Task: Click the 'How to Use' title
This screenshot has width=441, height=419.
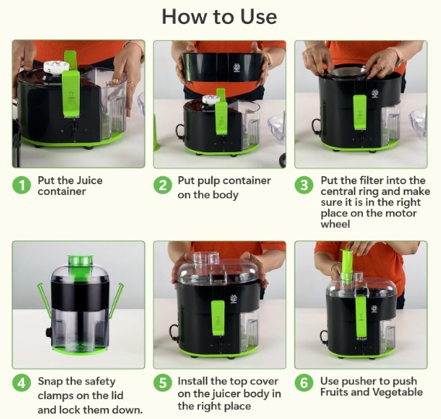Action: coord(220,16)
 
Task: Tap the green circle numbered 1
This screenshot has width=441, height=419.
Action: coord(22,186)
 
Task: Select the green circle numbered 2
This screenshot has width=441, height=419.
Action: coord(162,186)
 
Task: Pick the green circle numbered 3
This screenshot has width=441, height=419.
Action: coord(304,186)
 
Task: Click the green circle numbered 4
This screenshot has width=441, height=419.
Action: coord(22,383)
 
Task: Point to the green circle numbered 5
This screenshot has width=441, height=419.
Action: coord(162,383)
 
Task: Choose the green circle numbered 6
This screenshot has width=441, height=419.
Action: coord(304,383)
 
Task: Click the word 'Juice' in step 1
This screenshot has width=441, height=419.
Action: coord(90,180)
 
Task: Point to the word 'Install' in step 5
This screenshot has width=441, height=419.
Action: coord(193,381)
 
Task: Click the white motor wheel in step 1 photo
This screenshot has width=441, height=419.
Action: coord(56,67)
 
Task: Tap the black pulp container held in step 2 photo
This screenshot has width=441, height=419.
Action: coord(223,69)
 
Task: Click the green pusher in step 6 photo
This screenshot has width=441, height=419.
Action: coord(347,265)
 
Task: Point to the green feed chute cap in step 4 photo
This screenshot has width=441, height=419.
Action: coord(80,260)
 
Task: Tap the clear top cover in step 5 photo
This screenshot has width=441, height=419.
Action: coord(217,267)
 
